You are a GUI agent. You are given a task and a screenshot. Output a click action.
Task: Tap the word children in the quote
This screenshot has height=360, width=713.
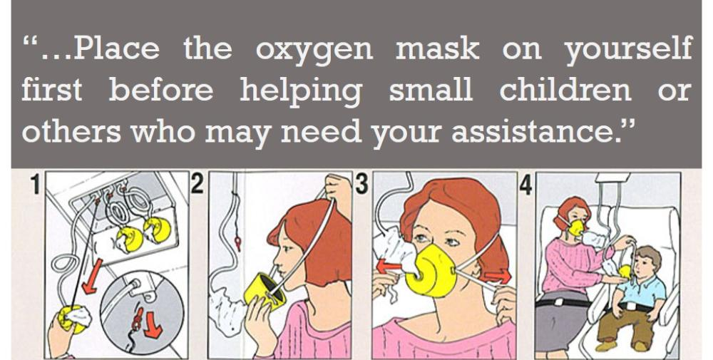click(x=565, y=90)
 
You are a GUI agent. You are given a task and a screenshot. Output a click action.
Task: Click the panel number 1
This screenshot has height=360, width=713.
click(x=35, y=184)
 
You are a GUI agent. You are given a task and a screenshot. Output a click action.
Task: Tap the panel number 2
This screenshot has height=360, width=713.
click(x=197, y=183)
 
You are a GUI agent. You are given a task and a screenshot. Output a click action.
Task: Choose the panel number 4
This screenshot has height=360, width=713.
click(x=525, y=185)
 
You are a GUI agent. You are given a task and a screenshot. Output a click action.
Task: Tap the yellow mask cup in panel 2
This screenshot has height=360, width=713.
click(x=265, y=289)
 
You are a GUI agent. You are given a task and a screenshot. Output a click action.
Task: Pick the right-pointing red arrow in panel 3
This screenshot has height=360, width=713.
click(x=497, y=276)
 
